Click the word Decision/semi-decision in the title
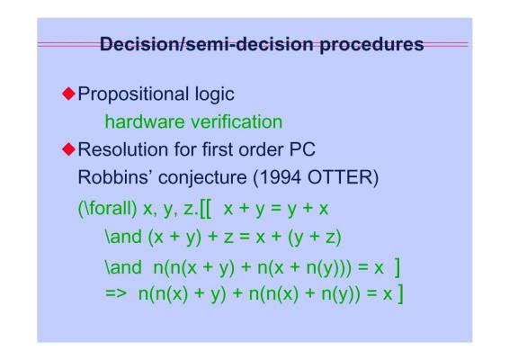[x=207, y=44]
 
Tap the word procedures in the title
[x=371, y=45]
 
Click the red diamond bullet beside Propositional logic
[x=68, y=94]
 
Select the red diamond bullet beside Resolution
[x=68, y=149]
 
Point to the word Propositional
[x=133, y=94]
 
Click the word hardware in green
[x=145, y=121]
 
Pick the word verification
[x=237, y=121]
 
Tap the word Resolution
[x=123, y=149]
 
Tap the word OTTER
[x=340, y=177]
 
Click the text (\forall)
[x=107, y=208]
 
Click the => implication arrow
[x=116, y=293]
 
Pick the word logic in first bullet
[x=214, y=94]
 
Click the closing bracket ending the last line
[x=400, y=294]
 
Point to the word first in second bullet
[x=217, y=149]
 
